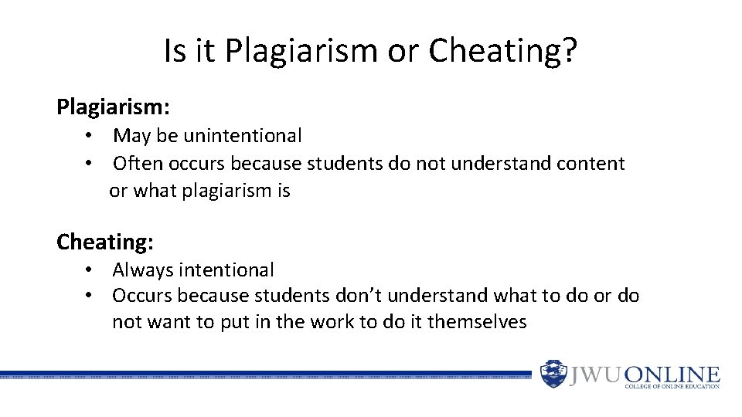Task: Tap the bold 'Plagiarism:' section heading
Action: [x=113, y=107]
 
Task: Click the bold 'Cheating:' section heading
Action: [x=105, y=242]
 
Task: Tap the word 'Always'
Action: [x=143, y=270]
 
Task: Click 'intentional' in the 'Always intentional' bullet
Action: [x=226, y=270]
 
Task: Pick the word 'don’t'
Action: [x=359, y=296]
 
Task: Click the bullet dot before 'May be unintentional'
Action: [x=90, y=136]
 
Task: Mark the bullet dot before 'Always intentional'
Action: [x=90, y=270]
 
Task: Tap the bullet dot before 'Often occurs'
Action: [x=90, y=164]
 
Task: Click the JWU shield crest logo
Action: [x=553, y=375]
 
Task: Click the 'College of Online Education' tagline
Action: [x=672, y=386]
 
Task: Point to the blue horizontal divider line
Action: [x=263, y=375]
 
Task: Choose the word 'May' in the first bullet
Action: [x=132, y=136]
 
